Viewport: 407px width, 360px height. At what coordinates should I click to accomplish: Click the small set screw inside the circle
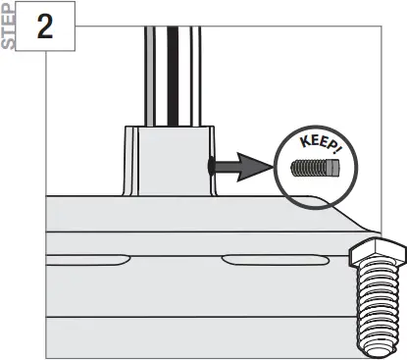point(315,167)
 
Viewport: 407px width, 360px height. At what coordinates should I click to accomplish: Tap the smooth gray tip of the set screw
point(332,167)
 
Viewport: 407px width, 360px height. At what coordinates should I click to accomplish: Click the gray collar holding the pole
point(169,162)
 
